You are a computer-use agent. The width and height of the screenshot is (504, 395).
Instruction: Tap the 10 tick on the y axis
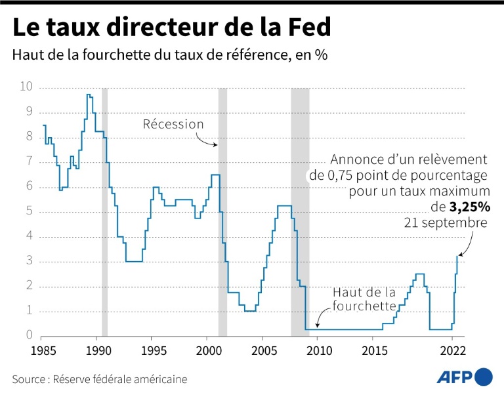pyautogui.click(x=26, y=87)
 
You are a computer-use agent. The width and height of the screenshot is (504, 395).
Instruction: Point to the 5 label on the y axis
pyautogui.click(x=30, y=211)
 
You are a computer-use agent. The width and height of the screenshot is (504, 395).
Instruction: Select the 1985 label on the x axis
pyautogui.click(x=43, y=349)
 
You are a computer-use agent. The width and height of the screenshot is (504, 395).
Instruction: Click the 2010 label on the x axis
pyautogui.click(x=318, y=349)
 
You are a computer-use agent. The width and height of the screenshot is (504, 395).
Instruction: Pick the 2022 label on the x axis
pyautogui.click(x=453, y=349)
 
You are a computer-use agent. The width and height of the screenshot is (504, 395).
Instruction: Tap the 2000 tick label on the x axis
pyautogui.click(x=207, y=349)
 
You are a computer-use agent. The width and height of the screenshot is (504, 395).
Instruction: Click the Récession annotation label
pyautogui.click(x=173, y=124)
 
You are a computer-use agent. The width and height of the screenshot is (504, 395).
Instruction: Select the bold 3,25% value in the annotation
pyautogui.click(x=470, y=207)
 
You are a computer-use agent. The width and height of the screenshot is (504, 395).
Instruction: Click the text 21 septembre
pyautogui.click(x=447, y=223)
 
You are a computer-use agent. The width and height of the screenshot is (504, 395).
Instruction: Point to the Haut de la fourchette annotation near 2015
pyautogui.click(x=365, y=299)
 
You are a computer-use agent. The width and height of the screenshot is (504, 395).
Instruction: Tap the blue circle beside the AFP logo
pyautogui.click(x=484, y=377)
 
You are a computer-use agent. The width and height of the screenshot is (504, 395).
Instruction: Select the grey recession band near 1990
pyautogui.click(x=104, y=210)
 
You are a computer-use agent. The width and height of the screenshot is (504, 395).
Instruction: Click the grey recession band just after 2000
pyautogui.click(x=222, y=210)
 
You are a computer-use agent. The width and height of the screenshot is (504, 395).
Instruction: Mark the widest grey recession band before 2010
pyautogui.click(x=300, y=210)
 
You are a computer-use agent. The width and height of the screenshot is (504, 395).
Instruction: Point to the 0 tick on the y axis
pyautogui.click(x=30, y=335)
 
